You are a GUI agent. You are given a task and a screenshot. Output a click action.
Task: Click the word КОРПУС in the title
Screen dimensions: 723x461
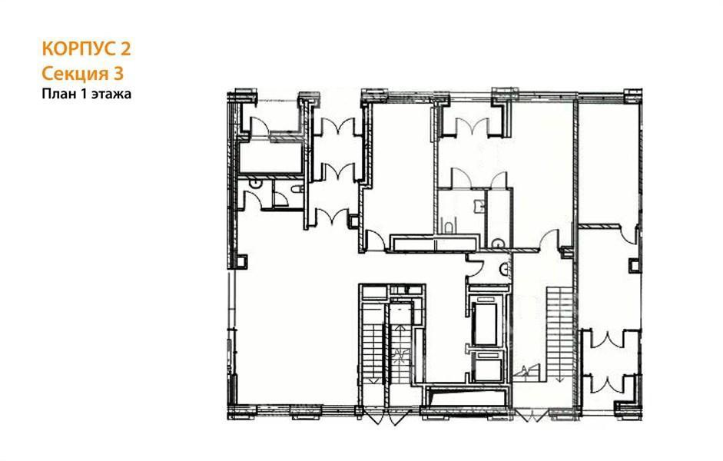(x=78, y=49)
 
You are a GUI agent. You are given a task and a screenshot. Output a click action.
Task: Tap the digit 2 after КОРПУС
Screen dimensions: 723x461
(x=125, y=49)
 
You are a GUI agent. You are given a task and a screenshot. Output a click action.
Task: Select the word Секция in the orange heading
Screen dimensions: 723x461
(x=75, y=74)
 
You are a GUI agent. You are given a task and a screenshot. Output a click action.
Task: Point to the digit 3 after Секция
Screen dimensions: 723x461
(x=118, y=74)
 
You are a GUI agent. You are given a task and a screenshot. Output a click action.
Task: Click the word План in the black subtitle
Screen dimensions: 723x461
(x=57, y=94)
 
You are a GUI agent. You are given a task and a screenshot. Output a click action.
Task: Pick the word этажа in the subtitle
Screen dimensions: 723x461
(x=111, y=95)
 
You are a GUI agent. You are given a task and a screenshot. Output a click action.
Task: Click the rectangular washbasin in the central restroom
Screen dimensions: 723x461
(x=479, y=205)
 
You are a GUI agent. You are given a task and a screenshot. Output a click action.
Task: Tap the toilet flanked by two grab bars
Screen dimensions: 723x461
(x=449, y=227)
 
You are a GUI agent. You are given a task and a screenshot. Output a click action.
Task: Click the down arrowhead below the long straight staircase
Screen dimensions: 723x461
(x=560, y=379)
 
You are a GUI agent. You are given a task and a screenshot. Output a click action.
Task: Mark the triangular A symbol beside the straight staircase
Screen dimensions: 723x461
(x=526, y=370)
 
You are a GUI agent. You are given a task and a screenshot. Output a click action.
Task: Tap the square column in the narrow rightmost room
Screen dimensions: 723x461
(x=635, y=266)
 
